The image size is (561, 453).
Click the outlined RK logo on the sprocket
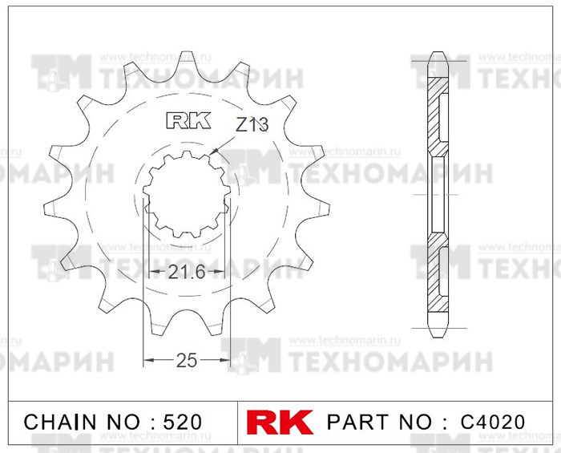[x=188, y=120]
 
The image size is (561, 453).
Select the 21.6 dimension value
[x=186, y=273]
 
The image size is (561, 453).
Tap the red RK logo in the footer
[x=274, y=422]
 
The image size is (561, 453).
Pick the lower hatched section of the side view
[x=437, y=277]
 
